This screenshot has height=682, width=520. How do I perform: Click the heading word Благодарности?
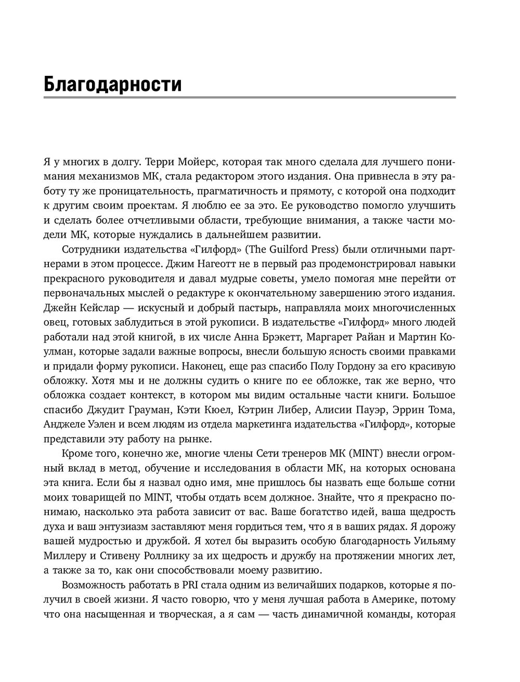click(x=113, y=84)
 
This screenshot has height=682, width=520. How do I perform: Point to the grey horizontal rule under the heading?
click(x=250, y=97)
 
